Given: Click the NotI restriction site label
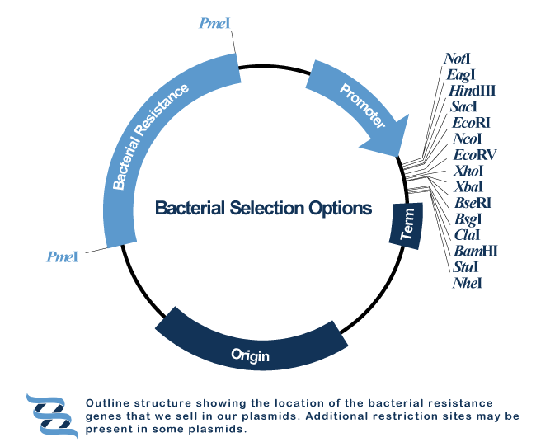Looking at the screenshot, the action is click(x=457, y=59).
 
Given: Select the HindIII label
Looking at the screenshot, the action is click(x=472, y=91).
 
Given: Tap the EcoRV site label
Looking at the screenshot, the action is click(x=474, y=154).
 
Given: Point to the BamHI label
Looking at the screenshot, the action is click(x=476, y=251).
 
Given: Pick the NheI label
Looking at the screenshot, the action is click(x=468, y=283).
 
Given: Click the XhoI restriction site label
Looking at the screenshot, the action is click(x=468, y=171).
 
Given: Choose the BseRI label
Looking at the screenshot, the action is click(x=473, y=203).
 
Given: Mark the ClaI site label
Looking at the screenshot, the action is click(x=467, y=235).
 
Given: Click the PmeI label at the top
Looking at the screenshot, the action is click(x=214, y=23).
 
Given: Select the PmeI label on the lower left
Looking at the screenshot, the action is click(x=62, y=256).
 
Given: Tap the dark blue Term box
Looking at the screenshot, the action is click(x=406, y=226).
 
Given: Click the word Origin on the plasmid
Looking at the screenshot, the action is click(x=250, y=355).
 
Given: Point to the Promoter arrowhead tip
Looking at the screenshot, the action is click(x=399, y=157).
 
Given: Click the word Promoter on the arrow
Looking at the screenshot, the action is click(x=362, y=106).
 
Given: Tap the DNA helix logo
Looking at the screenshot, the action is click(x=52, y=416).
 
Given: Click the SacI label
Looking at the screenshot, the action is click(x=463, y=106).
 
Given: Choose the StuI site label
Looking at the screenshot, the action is click(x=465, y=266).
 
